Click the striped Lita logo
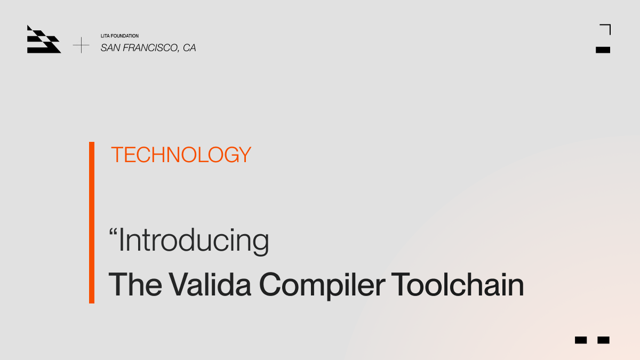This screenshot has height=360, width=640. click(x=44, y=39)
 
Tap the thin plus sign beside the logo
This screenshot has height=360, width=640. click(x=81, y=45)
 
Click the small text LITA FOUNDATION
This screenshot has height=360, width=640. click(x=119, y=36)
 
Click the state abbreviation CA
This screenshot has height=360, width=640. click(x=189, y=48)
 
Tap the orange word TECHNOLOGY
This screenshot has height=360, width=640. click(x=181, y=155)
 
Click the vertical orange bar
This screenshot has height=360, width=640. click(x=92, y=222)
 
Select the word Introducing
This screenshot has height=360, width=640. click(x=194, y=241)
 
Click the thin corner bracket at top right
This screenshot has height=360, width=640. click(x=606, y=29)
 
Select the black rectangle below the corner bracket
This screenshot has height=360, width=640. click(x=603, y=50)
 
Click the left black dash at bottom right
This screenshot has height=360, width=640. click(x=581, y=340)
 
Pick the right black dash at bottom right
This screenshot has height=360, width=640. click(x=603, y=340)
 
